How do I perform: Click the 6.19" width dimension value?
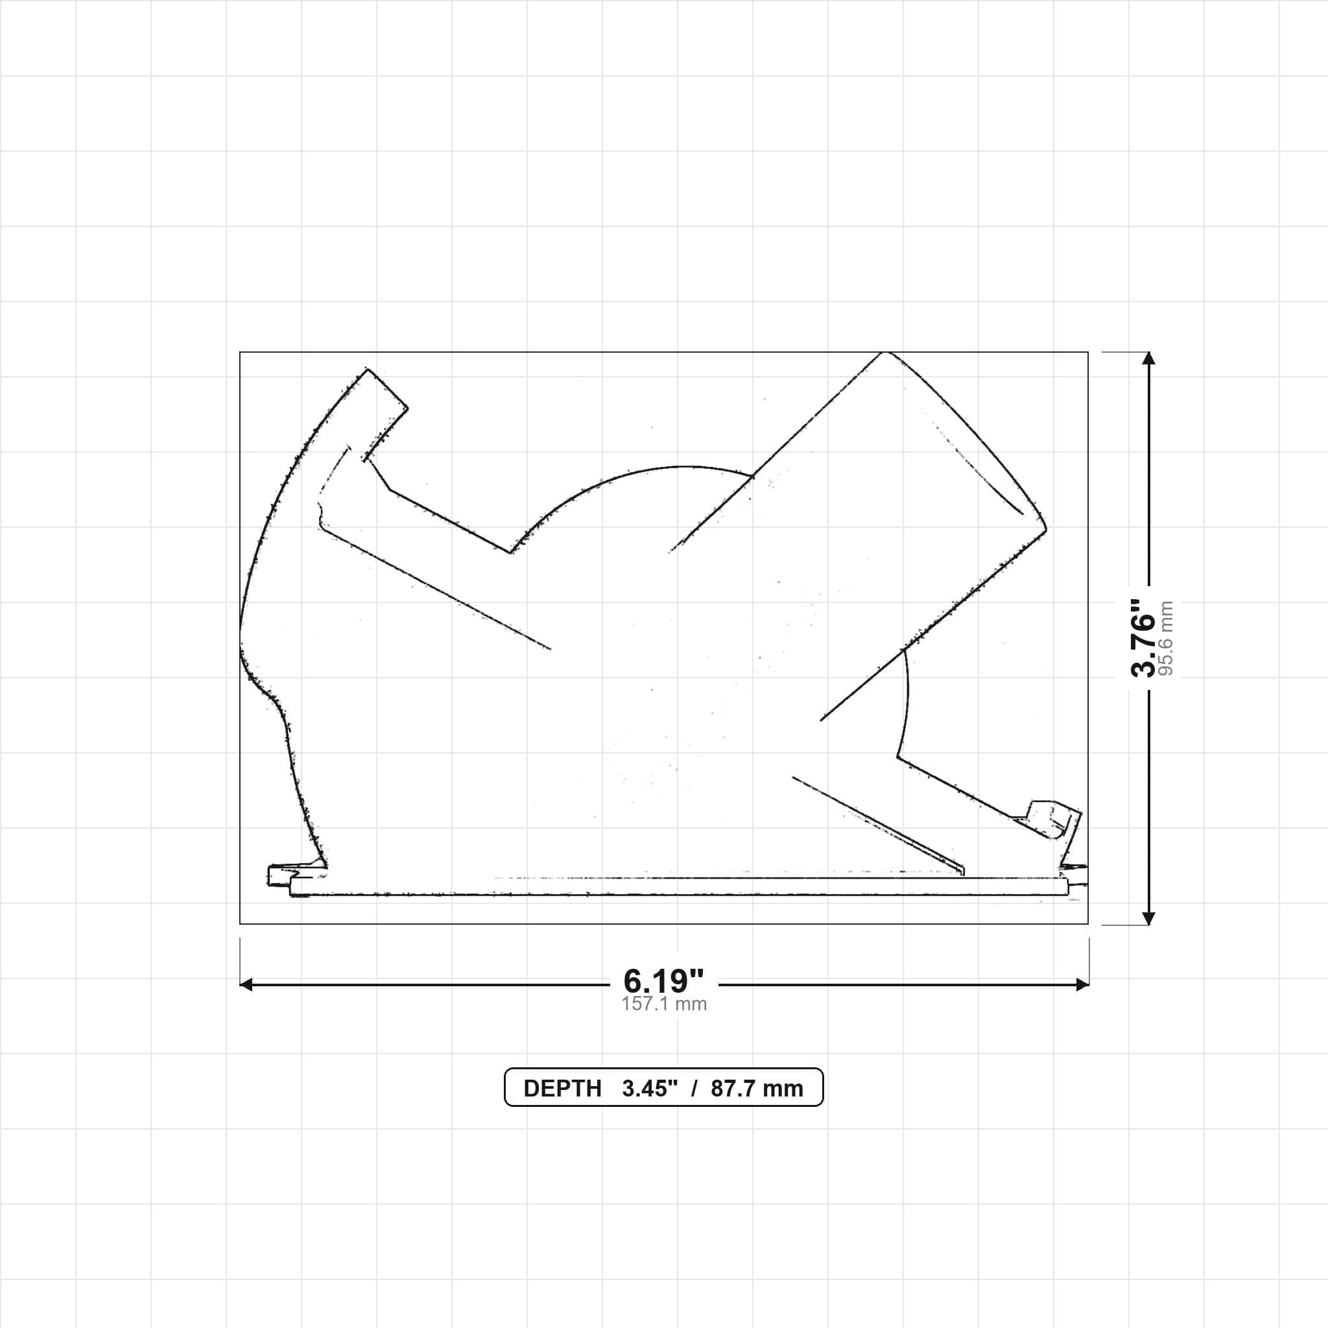(x=663, y=981)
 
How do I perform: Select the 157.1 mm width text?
(x=664, y=1004)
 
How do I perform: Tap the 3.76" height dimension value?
(x=1144, y=637)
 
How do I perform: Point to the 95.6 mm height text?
(x=1166, y=639)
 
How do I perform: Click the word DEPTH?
(x=562, y=1089)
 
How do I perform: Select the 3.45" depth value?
(x=650, y=1089)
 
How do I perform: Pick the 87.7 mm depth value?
(x=757, y=1089)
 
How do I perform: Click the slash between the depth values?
(x=695, y=1089)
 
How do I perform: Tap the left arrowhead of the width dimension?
(x=246, y=985)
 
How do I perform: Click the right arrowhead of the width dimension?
(x=1082, y=985)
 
